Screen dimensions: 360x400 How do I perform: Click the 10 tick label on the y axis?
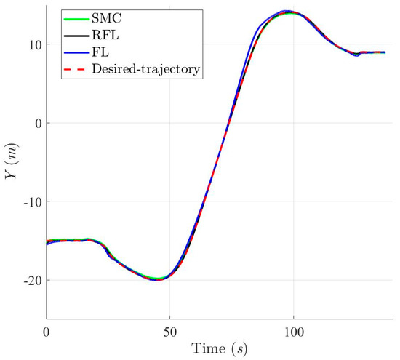[32, 44]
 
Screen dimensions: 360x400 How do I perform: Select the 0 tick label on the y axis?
[36, 123]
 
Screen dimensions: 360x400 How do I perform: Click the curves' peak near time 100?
[289, 12]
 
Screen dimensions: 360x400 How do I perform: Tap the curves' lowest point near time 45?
[157, 279]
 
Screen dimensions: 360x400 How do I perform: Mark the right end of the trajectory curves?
[385, 52]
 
